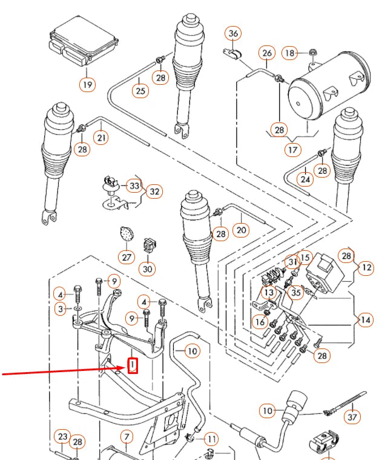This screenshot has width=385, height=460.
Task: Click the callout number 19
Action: point(87,84)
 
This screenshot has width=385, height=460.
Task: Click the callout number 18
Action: point(291,53)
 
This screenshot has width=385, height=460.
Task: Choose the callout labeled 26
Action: point(267,53)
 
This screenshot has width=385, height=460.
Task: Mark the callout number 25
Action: point(140,91)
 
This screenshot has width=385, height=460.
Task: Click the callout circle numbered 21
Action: point(102,138)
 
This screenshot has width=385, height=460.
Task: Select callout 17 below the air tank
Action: point(293,148)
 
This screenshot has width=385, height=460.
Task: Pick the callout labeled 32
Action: point(155,192)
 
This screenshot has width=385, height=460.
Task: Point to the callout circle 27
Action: point(126,256)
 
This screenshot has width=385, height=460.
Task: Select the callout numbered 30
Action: point(148,268)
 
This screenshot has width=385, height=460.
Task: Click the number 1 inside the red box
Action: point(131,365)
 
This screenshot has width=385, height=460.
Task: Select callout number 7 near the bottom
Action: point(126,436)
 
